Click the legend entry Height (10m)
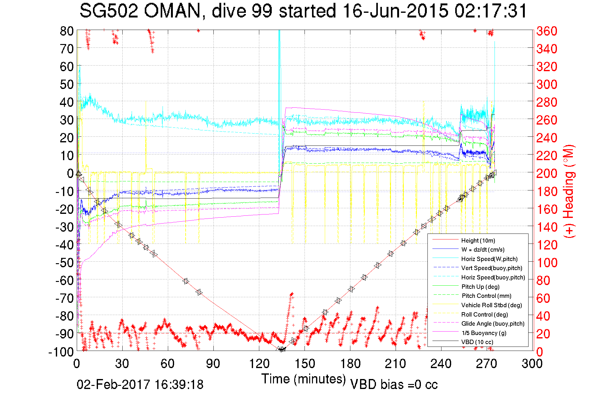[478, 240]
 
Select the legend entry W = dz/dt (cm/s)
[483, 249]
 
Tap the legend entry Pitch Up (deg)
[480, 287]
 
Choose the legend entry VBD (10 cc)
[477, 342]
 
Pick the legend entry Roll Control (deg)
[485, 314]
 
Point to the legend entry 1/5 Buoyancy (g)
[484, 333]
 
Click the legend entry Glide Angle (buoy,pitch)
[493, 323]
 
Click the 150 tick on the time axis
[305, 364]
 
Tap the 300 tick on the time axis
[532, 364]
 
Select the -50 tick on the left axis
[64, 263]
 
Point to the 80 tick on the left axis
[66, 31]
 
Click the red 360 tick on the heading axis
[547, 31]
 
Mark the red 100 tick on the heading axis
[547, 263]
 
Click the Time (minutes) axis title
[304, 379]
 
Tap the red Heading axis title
[569, 191]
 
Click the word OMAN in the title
[172, 11]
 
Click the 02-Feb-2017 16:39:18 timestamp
[140, 384]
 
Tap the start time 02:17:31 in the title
[490, 11]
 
